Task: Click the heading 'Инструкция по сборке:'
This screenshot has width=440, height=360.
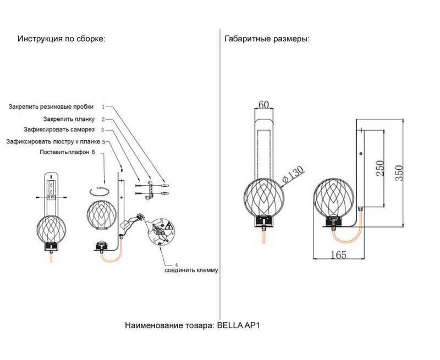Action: pyautogui.click(x=61, y=40)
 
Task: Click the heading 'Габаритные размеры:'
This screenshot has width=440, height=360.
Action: pyautogui.click(x=267, y=40)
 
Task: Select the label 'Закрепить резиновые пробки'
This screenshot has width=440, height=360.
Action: pyautogui.click(x=51, y=106)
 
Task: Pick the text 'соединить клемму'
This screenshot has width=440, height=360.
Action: pyautogui.click(x=192, y=270)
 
